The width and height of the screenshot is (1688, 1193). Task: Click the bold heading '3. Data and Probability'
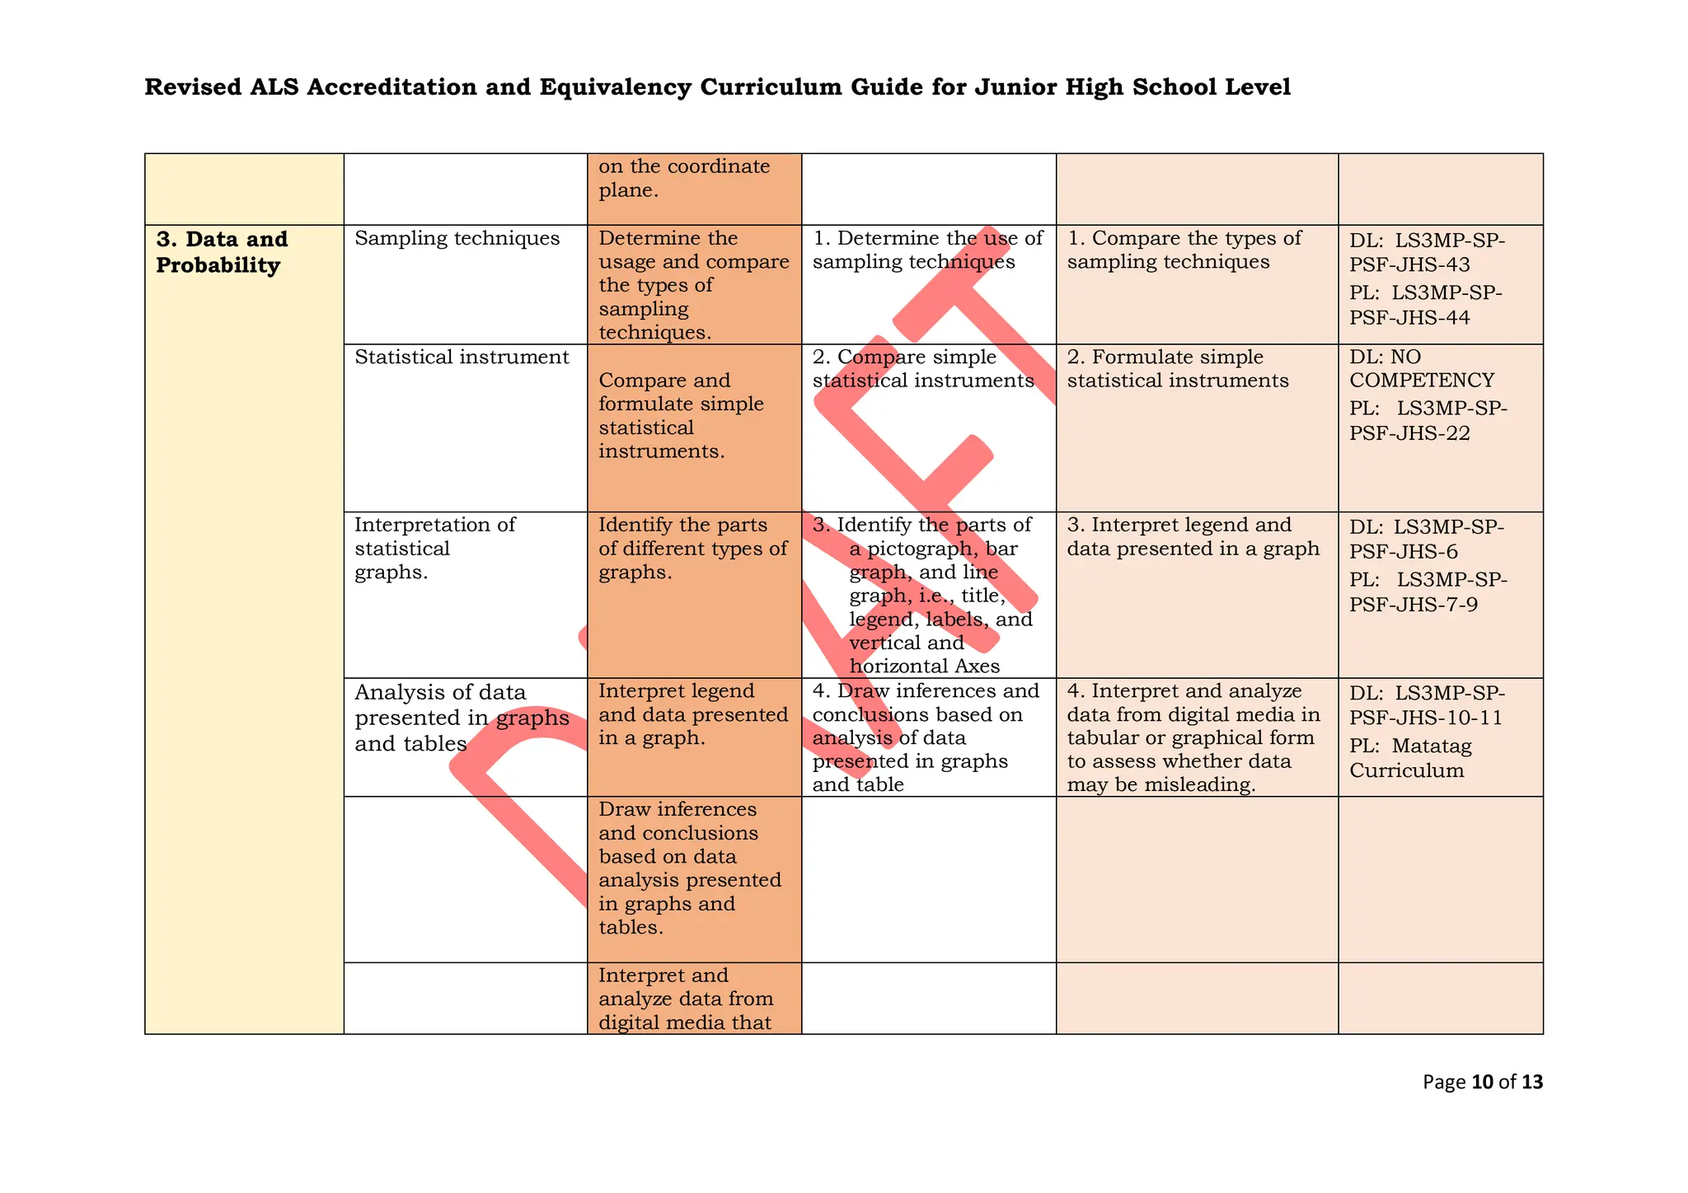click(222, 252)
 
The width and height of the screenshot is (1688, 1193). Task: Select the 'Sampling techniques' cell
click(457, 239)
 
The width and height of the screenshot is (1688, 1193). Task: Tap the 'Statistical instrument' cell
click(462, 358)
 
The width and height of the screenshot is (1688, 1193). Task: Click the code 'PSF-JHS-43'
click(1409, 264)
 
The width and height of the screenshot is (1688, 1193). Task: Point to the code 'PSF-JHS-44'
click(1409, 318)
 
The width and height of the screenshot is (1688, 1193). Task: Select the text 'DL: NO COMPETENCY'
click(1421, 368)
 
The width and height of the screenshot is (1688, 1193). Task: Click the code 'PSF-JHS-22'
click(1409, 433)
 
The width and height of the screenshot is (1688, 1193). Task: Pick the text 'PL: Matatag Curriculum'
click(1409, 758)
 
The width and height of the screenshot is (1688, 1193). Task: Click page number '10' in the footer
click(1481, 1082)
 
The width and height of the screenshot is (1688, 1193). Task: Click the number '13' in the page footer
click(1531, 1082)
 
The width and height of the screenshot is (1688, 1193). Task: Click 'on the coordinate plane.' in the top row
click(683, 178)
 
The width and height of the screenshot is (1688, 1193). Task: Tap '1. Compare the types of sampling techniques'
click(1184, 250)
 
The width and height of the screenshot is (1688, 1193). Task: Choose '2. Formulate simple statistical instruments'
click(1177, 369)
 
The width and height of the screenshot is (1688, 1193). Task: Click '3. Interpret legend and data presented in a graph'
click(1192, 537)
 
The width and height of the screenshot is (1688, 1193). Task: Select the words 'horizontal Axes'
click(924, 667)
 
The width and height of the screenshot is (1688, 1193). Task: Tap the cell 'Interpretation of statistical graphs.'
click(434, 549)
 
